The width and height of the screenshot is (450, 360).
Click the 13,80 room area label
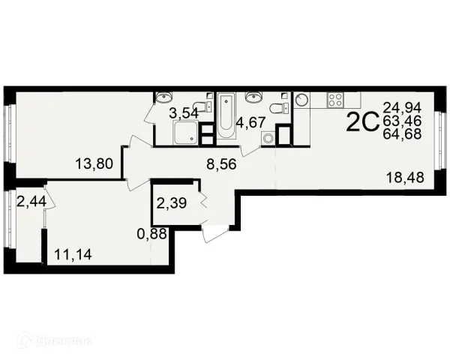click(94, 164)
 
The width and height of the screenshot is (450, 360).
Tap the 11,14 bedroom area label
click(73, 254)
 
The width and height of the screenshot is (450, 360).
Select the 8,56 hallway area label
click(221, 164)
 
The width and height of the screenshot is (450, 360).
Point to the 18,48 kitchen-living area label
click(405, 178)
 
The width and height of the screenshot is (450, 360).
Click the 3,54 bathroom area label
click(184, 113)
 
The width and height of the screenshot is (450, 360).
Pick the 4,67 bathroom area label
click(250, 122)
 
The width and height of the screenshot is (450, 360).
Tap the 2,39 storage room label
click(172, 203)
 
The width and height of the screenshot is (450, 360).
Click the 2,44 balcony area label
click(31, 201)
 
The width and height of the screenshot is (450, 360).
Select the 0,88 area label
click(152, 234)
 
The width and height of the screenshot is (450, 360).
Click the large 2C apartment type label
click(361, 121)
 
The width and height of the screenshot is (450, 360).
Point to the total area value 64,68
click(402, 133)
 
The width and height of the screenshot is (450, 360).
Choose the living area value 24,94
click(402, 108)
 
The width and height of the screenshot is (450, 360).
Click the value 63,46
click(402, 121)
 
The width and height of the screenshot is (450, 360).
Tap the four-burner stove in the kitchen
click(335, 100)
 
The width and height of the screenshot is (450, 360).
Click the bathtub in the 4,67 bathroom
click(226, 115)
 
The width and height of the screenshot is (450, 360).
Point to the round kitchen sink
click(302, 100)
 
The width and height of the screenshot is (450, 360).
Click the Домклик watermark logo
click(55, 340)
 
